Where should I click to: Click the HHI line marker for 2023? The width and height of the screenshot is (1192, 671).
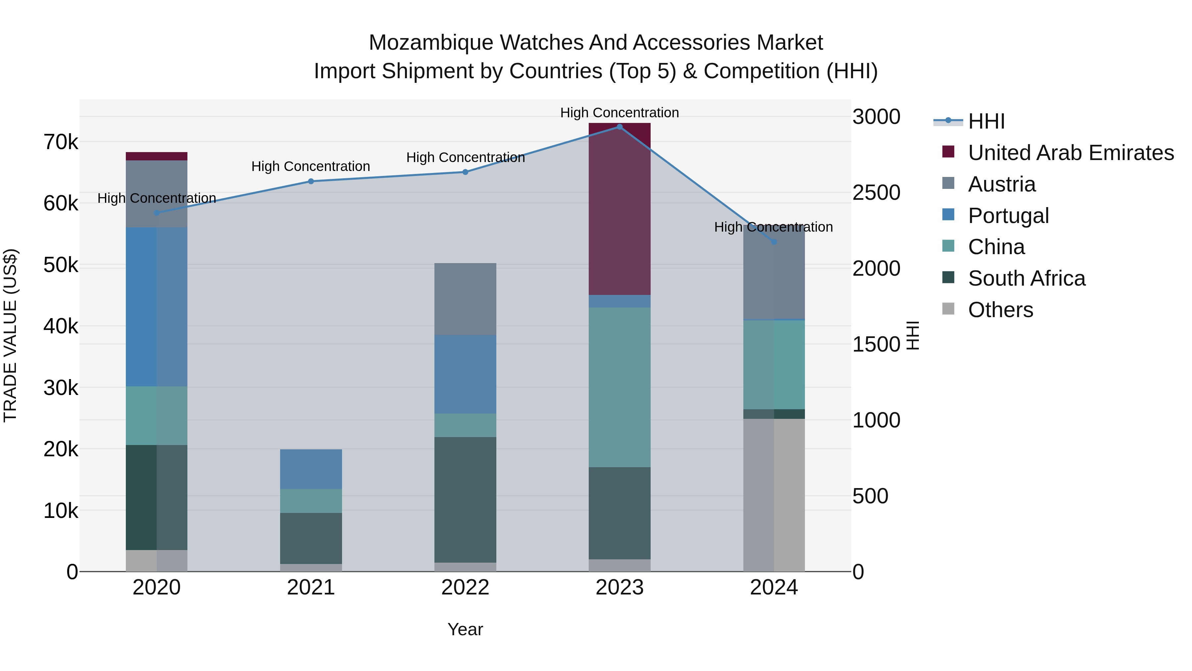(x=620, y=127)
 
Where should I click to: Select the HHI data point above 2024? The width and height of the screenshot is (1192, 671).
(x=774, y=242)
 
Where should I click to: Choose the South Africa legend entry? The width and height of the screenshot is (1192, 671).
(x=1026, y=278)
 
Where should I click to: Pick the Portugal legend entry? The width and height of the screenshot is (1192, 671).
(x=1008, y=216)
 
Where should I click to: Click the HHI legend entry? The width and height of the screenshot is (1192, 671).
(x=986, y=121)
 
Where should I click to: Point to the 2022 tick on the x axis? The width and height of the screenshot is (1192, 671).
(x=465, y=587)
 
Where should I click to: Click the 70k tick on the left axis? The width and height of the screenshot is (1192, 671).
(x=61, y=142)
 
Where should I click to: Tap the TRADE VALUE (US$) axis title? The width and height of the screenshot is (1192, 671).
(x=10, y=335)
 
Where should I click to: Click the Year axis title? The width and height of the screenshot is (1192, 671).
(x=465, y=629)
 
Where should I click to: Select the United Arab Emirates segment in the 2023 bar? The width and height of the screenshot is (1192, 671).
(x=620, y=208)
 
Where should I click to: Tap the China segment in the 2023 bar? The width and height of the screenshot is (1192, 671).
(x=620, y=387)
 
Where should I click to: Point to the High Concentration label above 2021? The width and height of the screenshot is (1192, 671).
(x=311, y=166)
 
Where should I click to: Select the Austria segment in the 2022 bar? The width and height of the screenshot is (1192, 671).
(x=465, y=299)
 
